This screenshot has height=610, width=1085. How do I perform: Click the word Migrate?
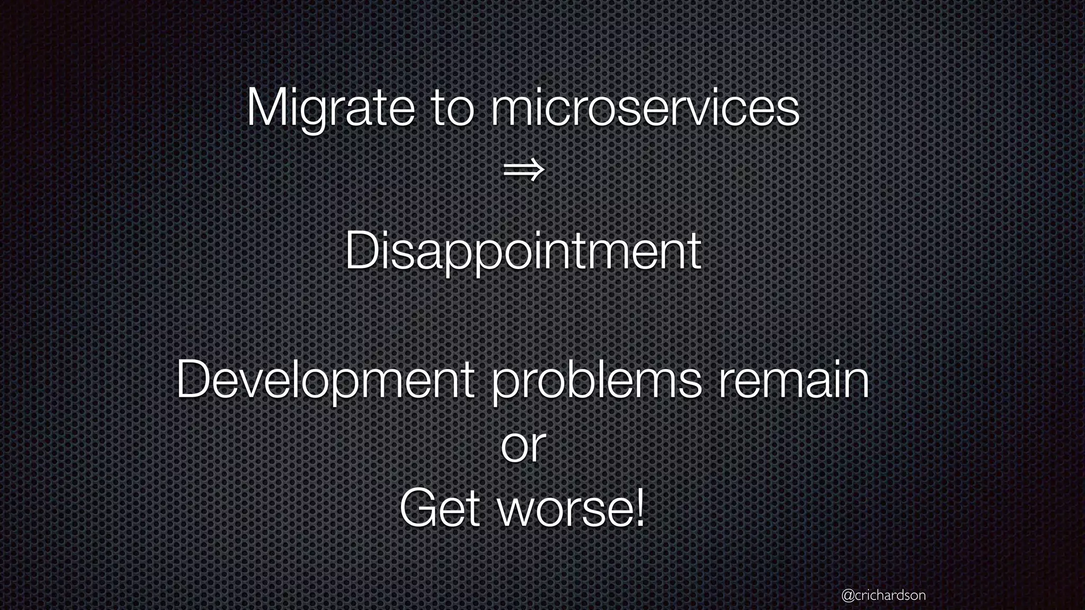(331, 109)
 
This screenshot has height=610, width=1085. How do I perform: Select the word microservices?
(644, 110)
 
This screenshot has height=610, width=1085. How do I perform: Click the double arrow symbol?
(523, 171)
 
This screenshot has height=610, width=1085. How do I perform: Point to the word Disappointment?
(523, 252)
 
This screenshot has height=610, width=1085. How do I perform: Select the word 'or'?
(523, 446)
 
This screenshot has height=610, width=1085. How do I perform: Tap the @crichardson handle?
(883, 595)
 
